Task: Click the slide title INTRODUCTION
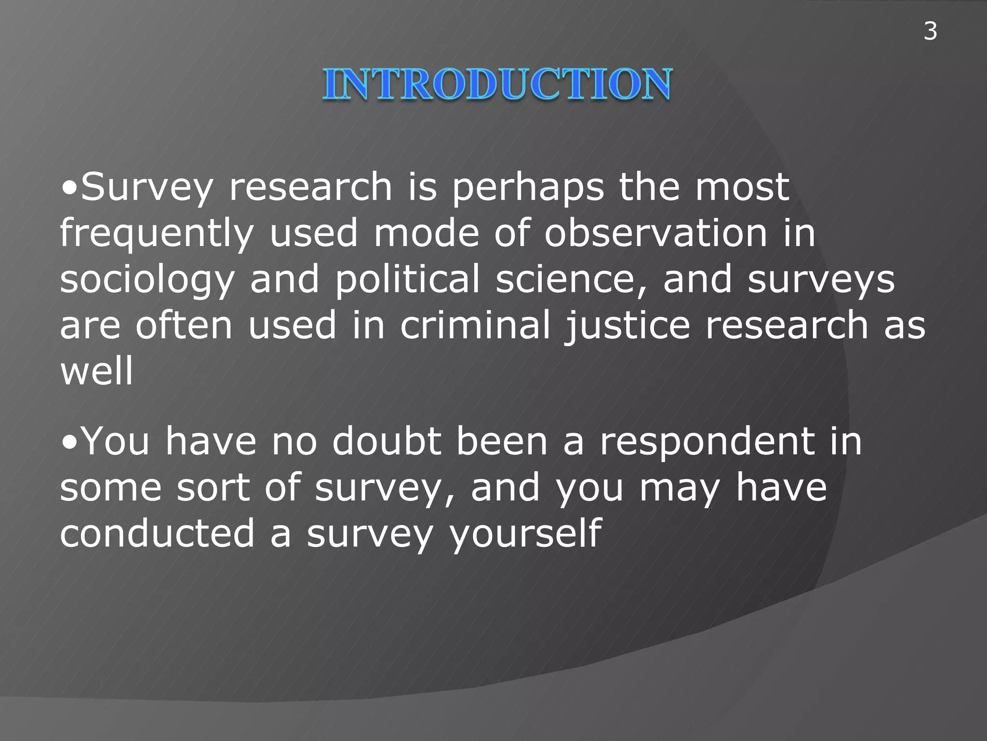(x=497, y=84)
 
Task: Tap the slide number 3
(x=930, y=31)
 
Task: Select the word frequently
(x=157, y=233)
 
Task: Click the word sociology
(x=147, y=280)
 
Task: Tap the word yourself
(x=525, y=534)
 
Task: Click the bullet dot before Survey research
(x=70, y=189)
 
